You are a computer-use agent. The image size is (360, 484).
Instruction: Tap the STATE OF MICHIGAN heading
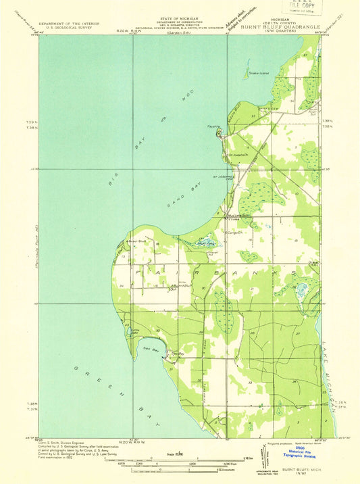pos(180,20)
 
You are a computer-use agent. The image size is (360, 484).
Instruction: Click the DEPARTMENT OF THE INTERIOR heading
pos(67,23)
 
